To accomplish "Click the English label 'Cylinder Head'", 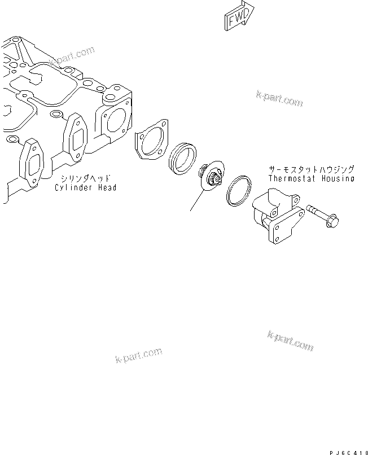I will (x=85, y=187).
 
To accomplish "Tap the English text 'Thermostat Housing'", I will (x=311, y=178).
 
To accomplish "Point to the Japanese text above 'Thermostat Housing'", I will (x=311, y=169).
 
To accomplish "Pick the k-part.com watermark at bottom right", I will (x=290, y=340).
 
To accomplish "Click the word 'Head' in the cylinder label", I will (x=107, y=187).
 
